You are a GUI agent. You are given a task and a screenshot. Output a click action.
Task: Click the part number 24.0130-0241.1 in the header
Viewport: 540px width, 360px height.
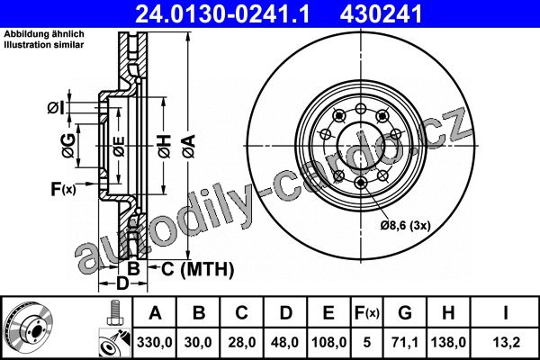223,13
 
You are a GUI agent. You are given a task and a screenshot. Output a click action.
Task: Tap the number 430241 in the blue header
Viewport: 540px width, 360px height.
381,13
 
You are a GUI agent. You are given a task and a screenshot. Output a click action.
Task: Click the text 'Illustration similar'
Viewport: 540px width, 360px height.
44,45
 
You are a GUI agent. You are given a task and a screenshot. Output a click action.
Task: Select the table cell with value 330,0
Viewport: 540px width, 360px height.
155,342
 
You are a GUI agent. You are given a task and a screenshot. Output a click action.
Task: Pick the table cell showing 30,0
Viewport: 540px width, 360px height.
198,342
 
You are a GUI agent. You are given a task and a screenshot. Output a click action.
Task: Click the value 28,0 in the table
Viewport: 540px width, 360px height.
242,342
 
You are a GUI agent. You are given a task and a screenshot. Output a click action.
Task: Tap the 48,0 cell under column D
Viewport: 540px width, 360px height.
285,342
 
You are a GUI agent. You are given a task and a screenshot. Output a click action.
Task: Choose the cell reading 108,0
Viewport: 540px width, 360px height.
328,342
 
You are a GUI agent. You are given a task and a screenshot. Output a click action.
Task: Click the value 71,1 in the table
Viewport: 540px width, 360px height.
405,342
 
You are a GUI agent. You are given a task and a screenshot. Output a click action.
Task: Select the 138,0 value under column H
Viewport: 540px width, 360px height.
448,342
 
